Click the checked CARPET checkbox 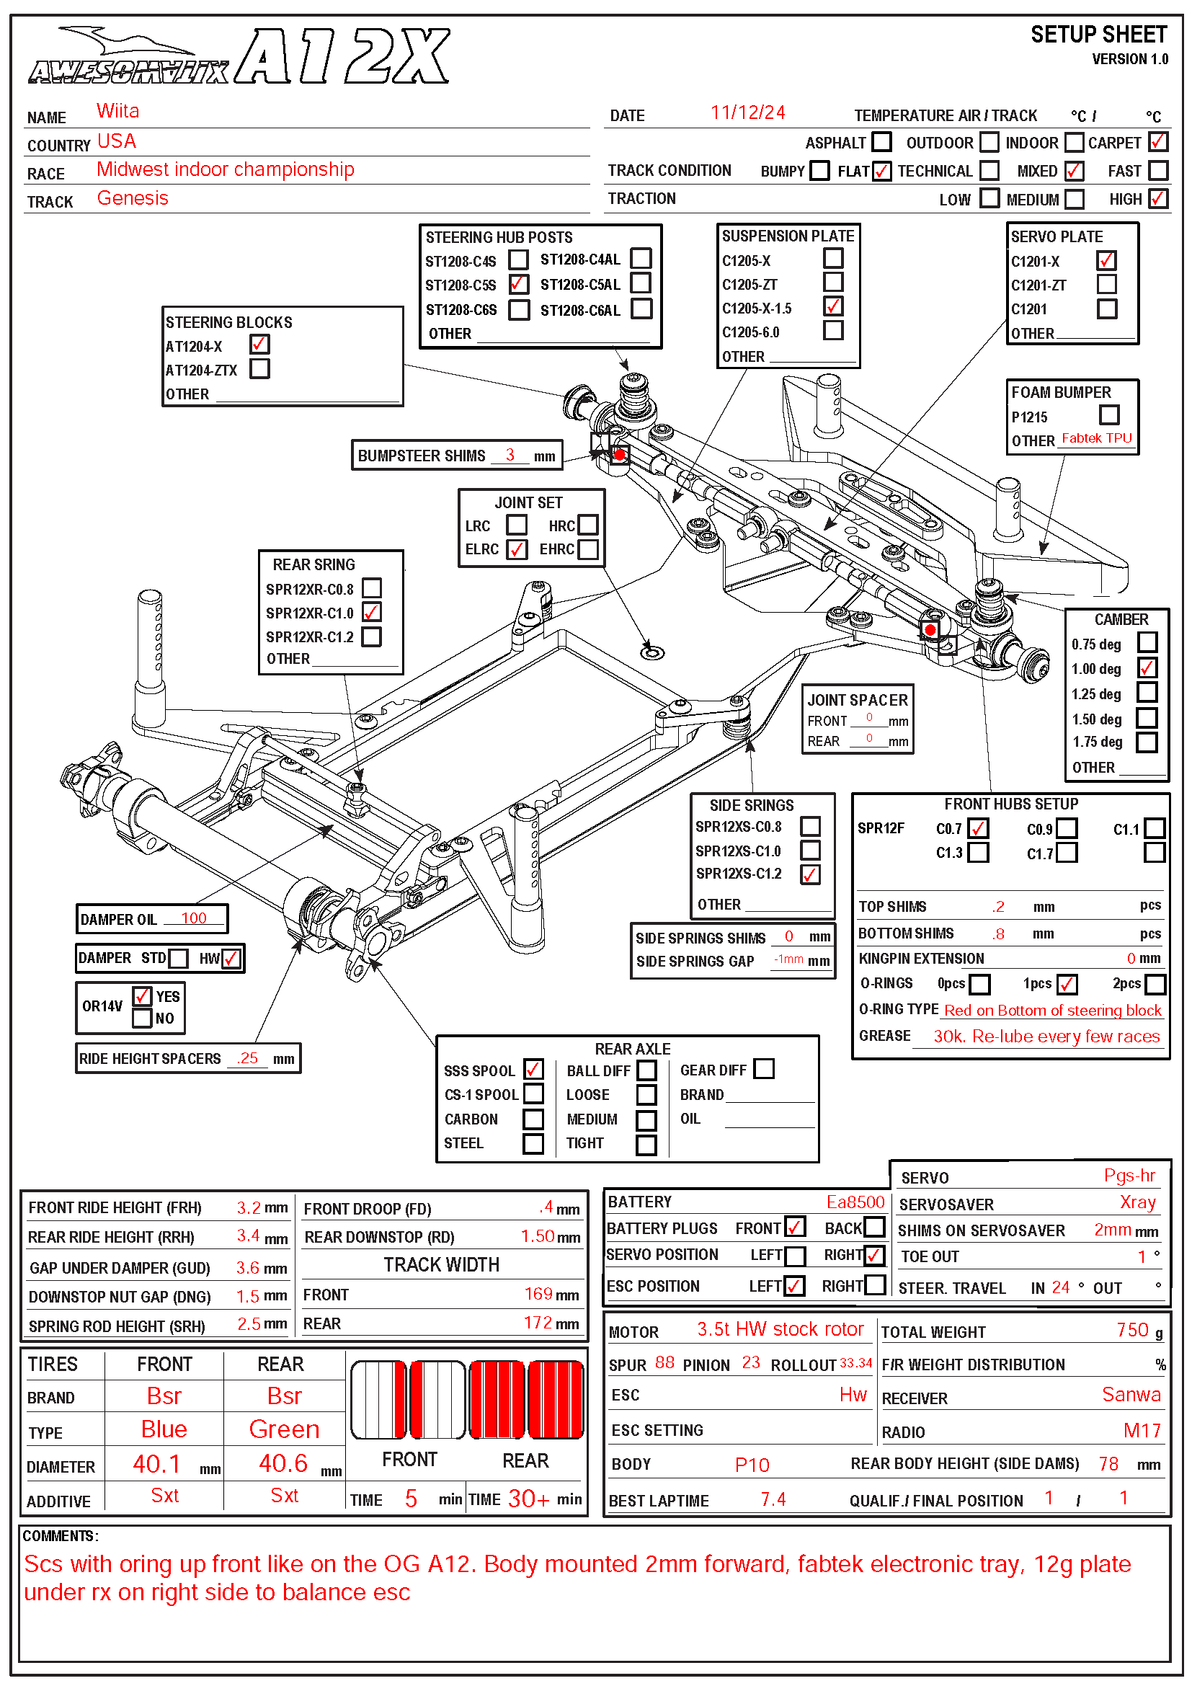(1157, 141)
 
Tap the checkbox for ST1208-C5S (518, 283)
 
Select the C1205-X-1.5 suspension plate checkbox (832, 306)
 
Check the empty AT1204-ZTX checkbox (259, 368)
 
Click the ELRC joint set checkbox (517, 549)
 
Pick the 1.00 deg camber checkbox (1147, 667)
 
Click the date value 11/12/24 (747, 112)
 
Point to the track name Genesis (133, 198)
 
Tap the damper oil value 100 (194, 918)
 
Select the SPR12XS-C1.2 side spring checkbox (810, 874)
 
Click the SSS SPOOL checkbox (533, 1069)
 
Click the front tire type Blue (164, 1429)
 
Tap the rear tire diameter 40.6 (283, 1463)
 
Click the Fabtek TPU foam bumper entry (1097, 438)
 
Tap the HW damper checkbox (231, 958)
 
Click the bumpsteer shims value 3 (510, 455)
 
